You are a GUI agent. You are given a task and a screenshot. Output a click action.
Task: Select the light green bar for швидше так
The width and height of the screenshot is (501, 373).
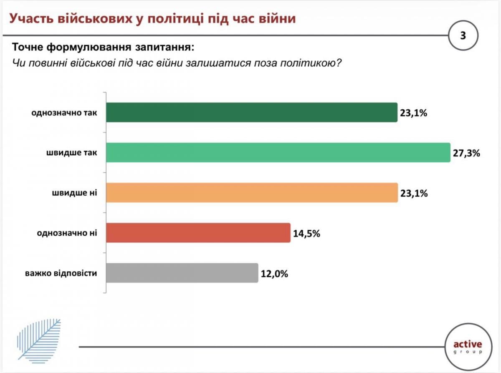[x=278, y=153]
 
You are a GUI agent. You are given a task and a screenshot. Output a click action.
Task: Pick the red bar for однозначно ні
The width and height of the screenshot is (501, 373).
[x=198, y=233]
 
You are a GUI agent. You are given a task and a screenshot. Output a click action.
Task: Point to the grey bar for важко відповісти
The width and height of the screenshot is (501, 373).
[x=182, y=273]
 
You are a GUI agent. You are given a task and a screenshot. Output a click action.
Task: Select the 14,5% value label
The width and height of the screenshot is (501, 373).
[x=306, y=233]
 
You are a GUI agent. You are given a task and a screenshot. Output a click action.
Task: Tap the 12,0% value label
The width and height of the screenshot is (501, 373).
[x=274, y=274]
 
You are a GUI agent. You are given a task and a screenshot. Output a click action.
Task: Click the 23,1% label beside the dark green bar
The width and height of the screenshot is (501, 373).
[x=413, y=113]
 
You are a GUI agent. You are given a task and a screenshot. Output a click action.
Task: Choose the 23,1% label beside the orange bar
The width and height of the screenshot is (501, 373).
[x=413, y=193]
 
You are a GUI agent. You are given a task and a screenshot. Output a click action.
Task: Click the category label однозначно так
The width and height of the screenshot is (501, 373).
[x=64, y=113]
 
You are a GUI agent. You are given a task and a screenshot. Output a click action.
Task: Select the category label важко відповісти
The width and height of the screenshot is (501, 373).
[x=61, y=274]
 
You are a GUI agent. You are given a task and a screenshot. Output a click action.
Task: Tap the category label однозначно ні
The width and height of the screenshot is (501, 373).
[x=67, y=233]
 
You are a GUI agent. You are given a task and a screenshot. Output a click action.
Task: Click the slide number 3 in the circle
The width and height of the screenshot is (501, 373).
[x=463, y=35]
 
